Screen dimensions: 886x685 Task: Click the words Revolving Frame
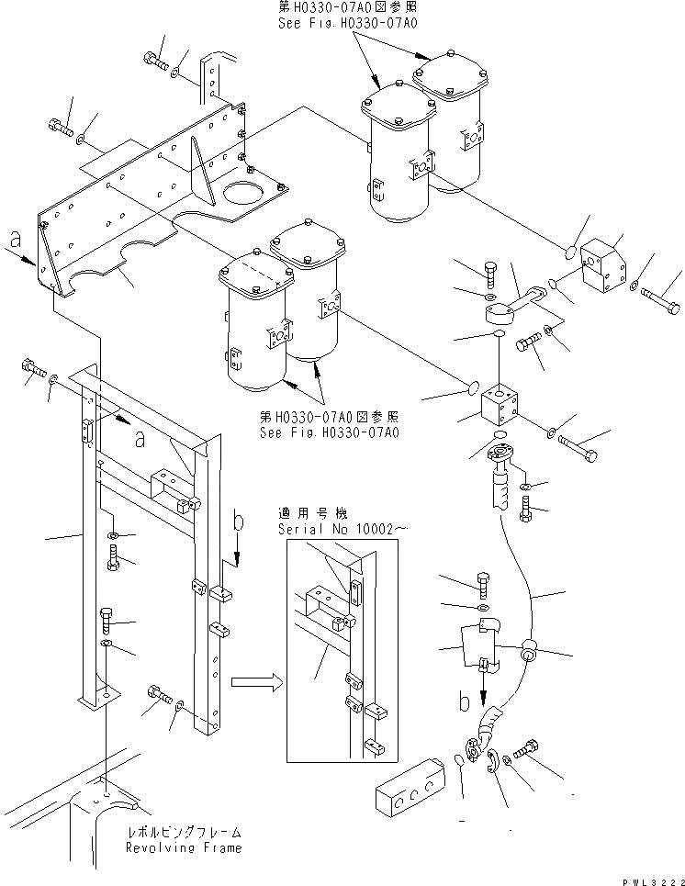pyautogui.click(x=184, y=847)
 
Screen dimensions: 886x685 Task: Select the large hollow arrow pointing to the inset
pyautogui.click(x=255, y=682)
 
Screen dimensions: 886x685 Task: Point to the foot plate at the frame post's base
pyautogui.click(x=97, y=702)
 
